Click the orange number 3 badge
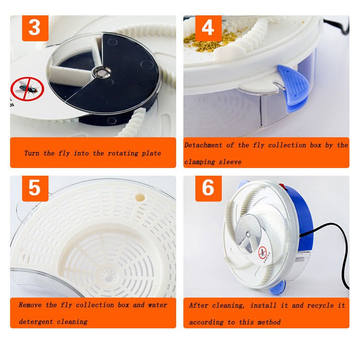(35, 28)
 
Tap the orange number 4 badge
(208, 28)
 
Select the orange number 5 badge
(35, 189)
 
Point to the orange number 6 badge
(208, 189)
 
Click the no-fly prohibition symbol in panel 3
(27, 89)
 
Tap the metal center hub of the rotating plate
(101, 72)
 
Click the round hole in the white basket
(140, 197)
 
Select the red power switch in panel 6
(283, 186)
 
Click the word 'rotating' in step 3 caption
(123, 154)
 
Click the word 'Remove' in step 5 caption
(30, 305)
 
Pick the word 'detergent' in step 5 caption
(36, 322)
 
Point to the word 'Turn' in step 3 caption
(32, 154)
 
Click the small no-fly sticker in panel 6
(262, 252)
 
